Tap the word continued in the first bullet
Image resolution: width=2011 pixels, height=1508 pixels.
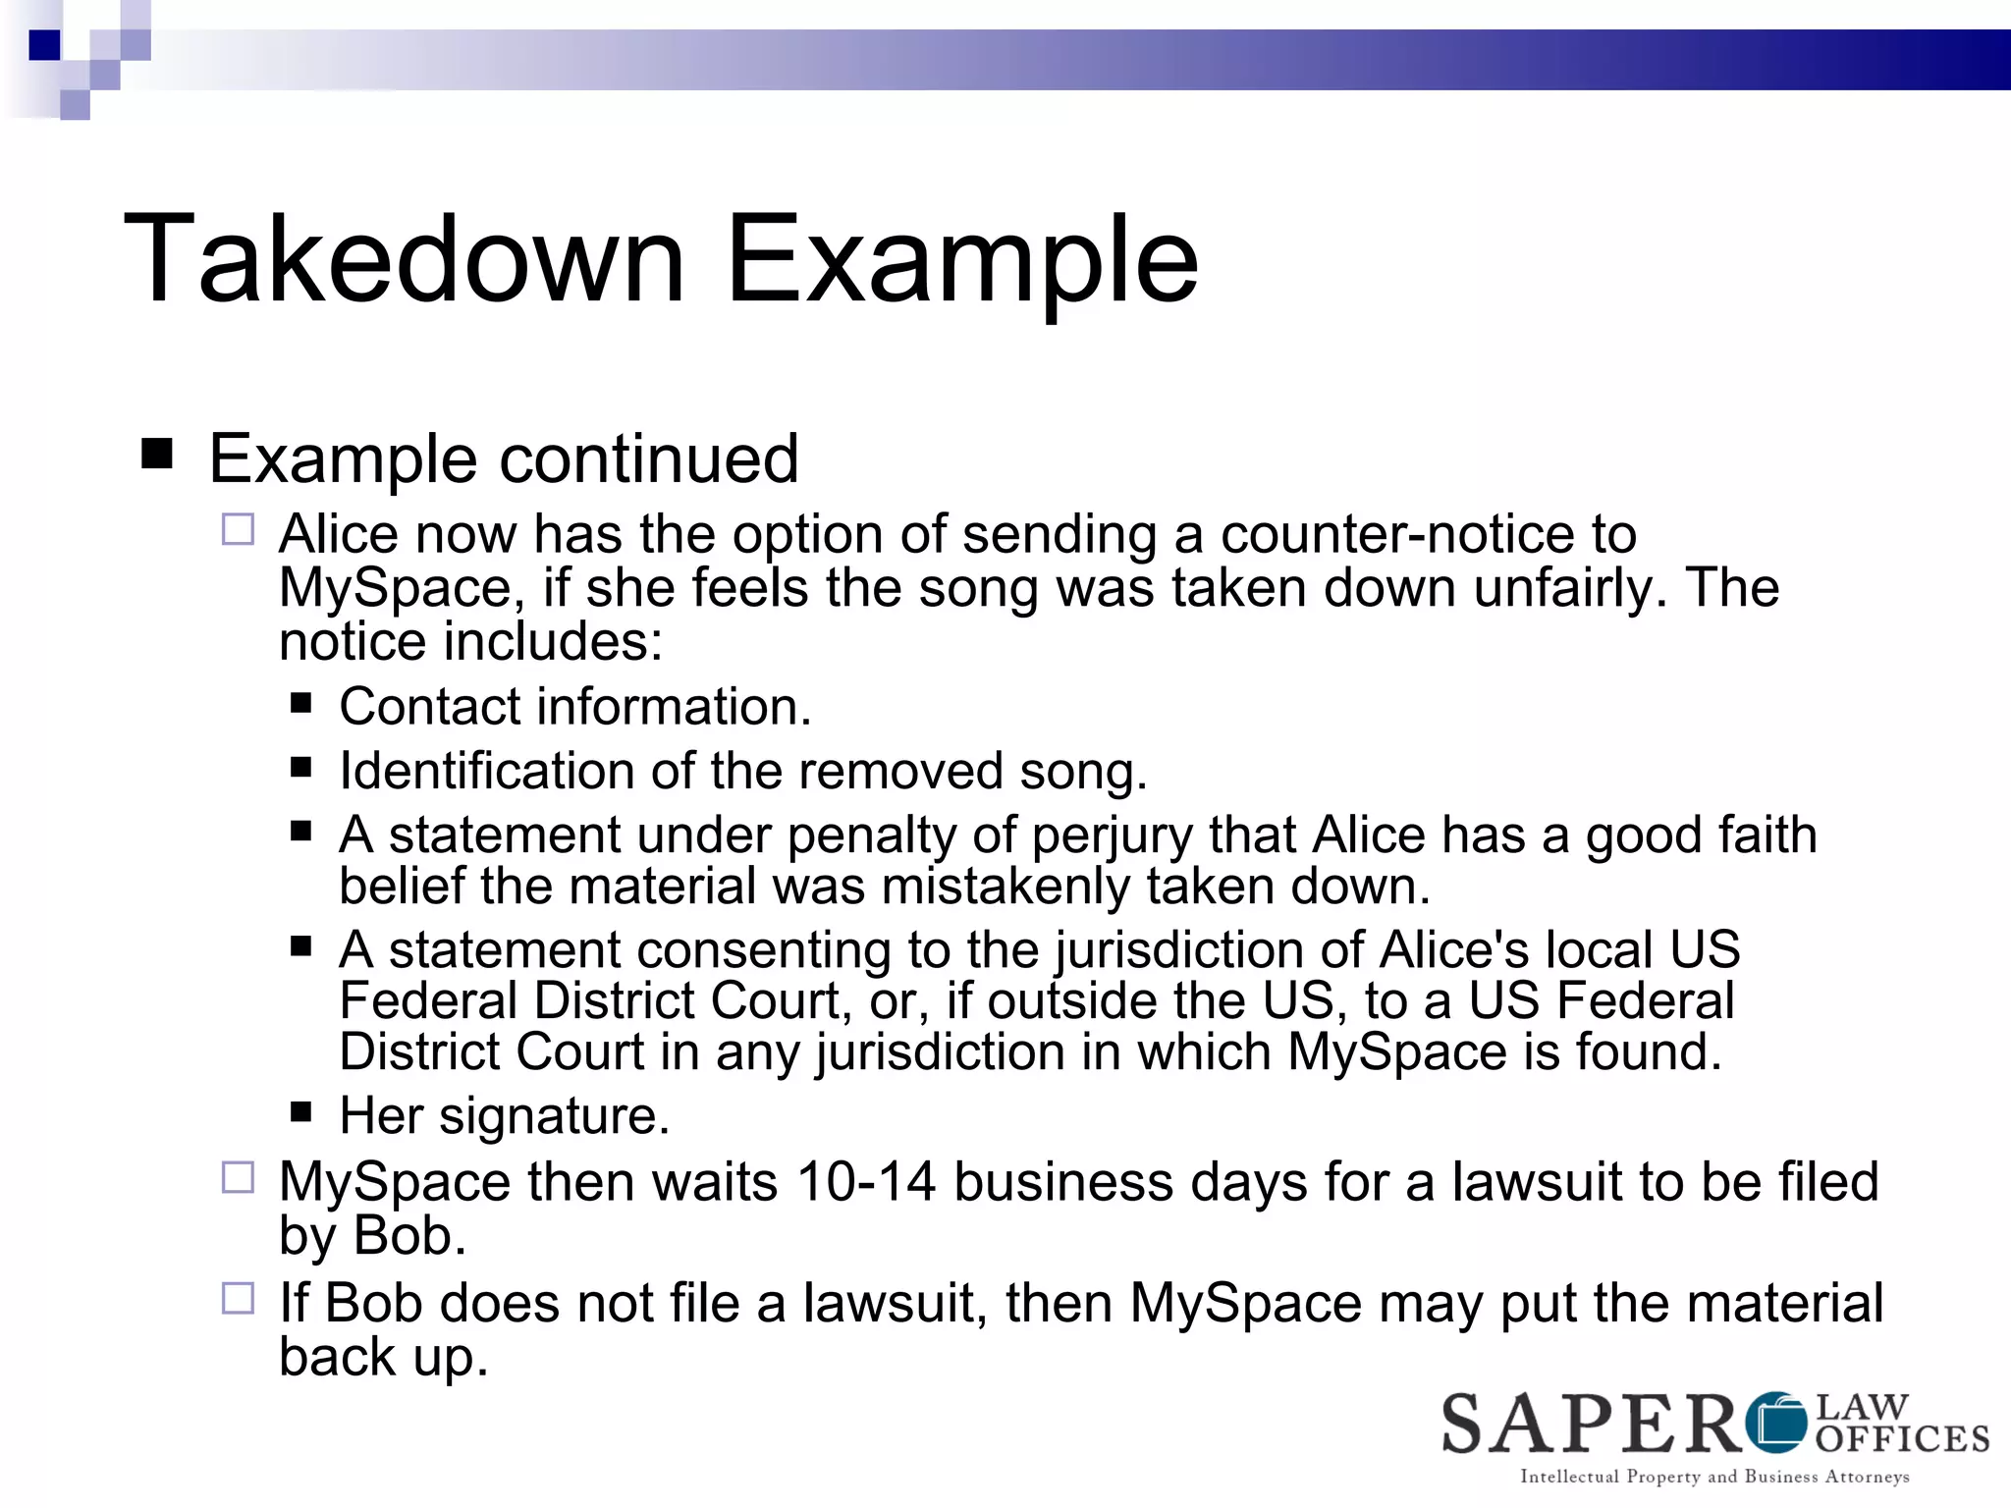pos(650,458)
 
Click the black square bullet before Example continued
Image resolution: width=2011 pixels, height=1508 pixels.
pos(157,455)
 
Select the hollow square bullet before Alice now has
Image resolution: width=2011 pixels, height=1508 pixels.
pos(238,530)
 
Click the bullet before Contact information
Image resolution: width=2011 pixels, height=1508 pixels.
pos(301,703)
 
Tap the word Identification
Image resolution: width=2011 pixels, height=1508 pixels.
pos(486,771)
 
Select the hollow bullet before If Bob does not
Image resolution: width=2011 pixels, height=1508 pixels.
pos(238,1299)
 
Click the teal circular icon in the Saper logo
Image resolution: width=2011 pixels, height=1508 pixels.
pos(1778,1422)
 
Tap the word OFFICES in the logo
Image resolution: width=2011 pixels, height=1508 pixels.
pos(1902,1439)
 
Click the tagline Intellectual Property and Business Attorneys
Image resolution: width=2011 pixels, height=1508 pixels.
pos(1714,1477)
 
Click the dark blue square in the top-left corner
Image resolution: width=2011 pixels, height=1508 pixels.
pos(45,45)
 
